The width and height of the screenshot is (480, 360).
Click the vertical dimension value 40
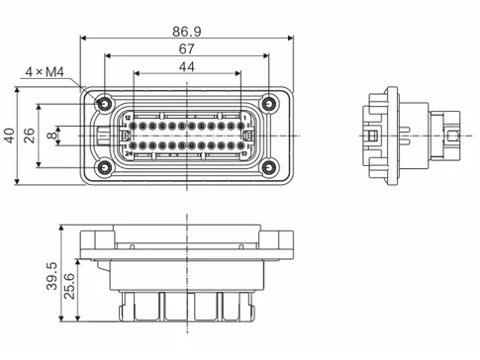[x=10, y=135]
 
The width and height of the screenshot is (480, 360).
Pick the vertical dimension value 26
[x=29, y=135]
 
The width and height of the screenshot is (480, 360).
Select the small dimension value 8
[x=51, y=135]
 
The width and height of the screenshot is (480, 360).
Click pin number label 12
[x=128, y=118]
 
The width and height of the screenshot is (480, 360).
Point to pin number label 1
[x=243, y=118]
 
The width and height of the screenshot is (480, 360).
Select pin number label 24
[x=129, y=154]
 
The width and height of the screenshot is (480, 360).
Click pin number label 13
[x=243, y=154]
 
